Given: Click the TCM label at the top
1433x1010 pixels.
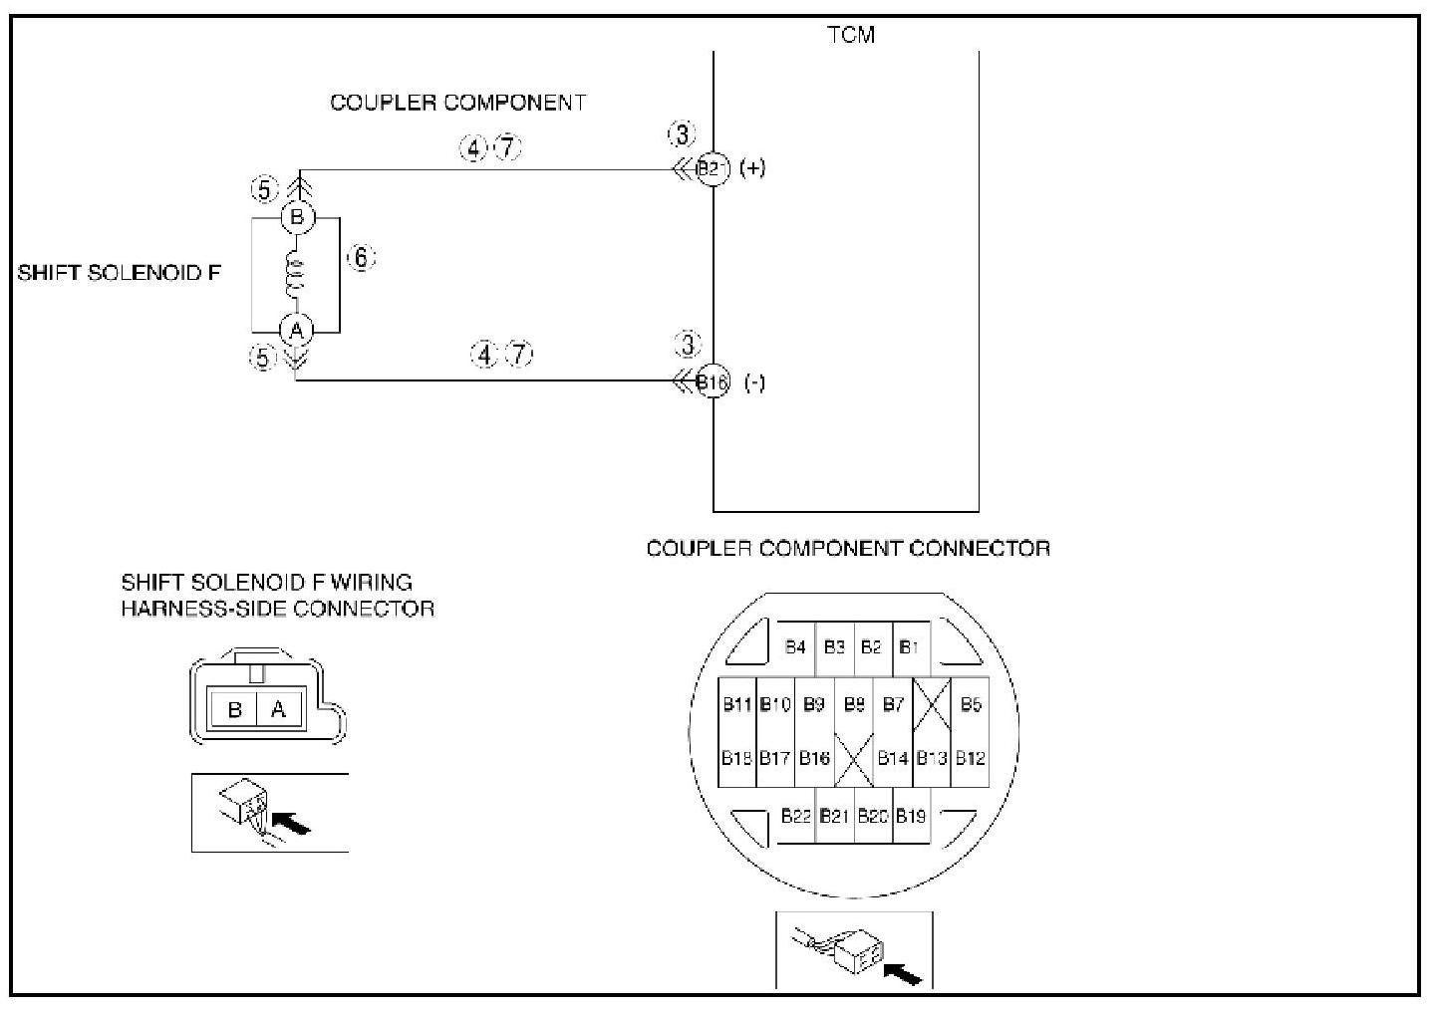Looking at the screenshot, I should (851, 35).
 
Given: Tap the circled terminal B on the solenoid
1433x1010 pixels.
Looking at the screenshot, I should (296, 217).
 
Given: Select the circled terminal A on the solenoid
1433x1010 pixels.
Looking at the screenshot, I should (296, 330).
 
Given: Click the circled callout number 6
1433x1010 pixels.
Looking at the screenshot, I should (361, 258).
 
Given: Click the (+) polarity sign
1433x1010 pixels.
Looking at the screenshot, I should (752, 168).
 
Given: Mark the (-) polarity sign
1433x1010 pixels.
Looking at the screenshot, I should (755, 383).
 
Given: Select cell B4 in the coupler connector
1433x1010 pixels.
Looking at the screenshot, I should (795, 647).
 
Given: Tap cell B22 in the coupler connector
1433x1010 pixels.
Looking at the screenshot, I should (796, 816).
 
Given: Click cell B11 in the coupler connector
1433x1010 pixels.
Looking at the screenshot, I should (737, 705).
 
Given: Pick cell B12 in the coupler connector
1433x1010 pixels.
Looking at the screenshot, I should (971, 758).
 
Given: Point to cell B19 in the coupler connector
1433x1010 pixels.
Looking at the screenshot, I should (911, 816).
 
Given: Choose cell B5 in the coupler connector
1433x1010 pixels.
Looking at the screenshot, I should (971, 705).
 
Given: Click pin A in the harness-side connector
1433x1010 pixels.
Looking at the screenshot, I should (279, 709).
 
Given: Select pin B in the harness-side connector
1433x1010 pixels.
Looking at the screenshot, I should (235, 709).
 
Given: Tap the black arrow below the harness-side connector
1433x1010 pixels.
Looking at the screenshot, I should (291, 823).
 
